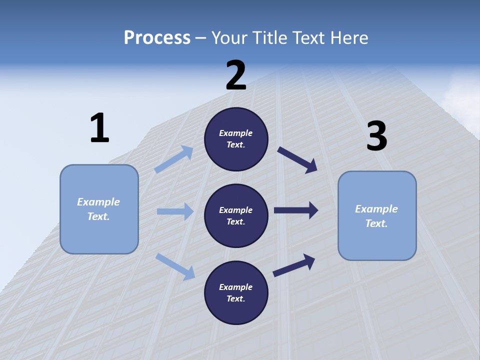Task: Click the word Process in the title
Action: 157,37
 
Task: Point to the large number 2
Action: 236,75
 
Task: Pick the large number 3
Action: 376,136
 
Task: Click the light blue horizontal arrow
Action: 175,211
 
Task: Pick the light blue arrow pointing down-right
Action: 175,266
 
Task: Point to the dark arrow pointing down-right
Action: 297,159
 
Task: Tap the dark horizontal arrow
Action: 296,210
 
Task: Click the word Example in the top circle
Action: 236,133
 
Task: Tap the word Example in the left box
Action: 98,202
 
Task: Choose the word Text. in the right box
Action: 376,223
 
